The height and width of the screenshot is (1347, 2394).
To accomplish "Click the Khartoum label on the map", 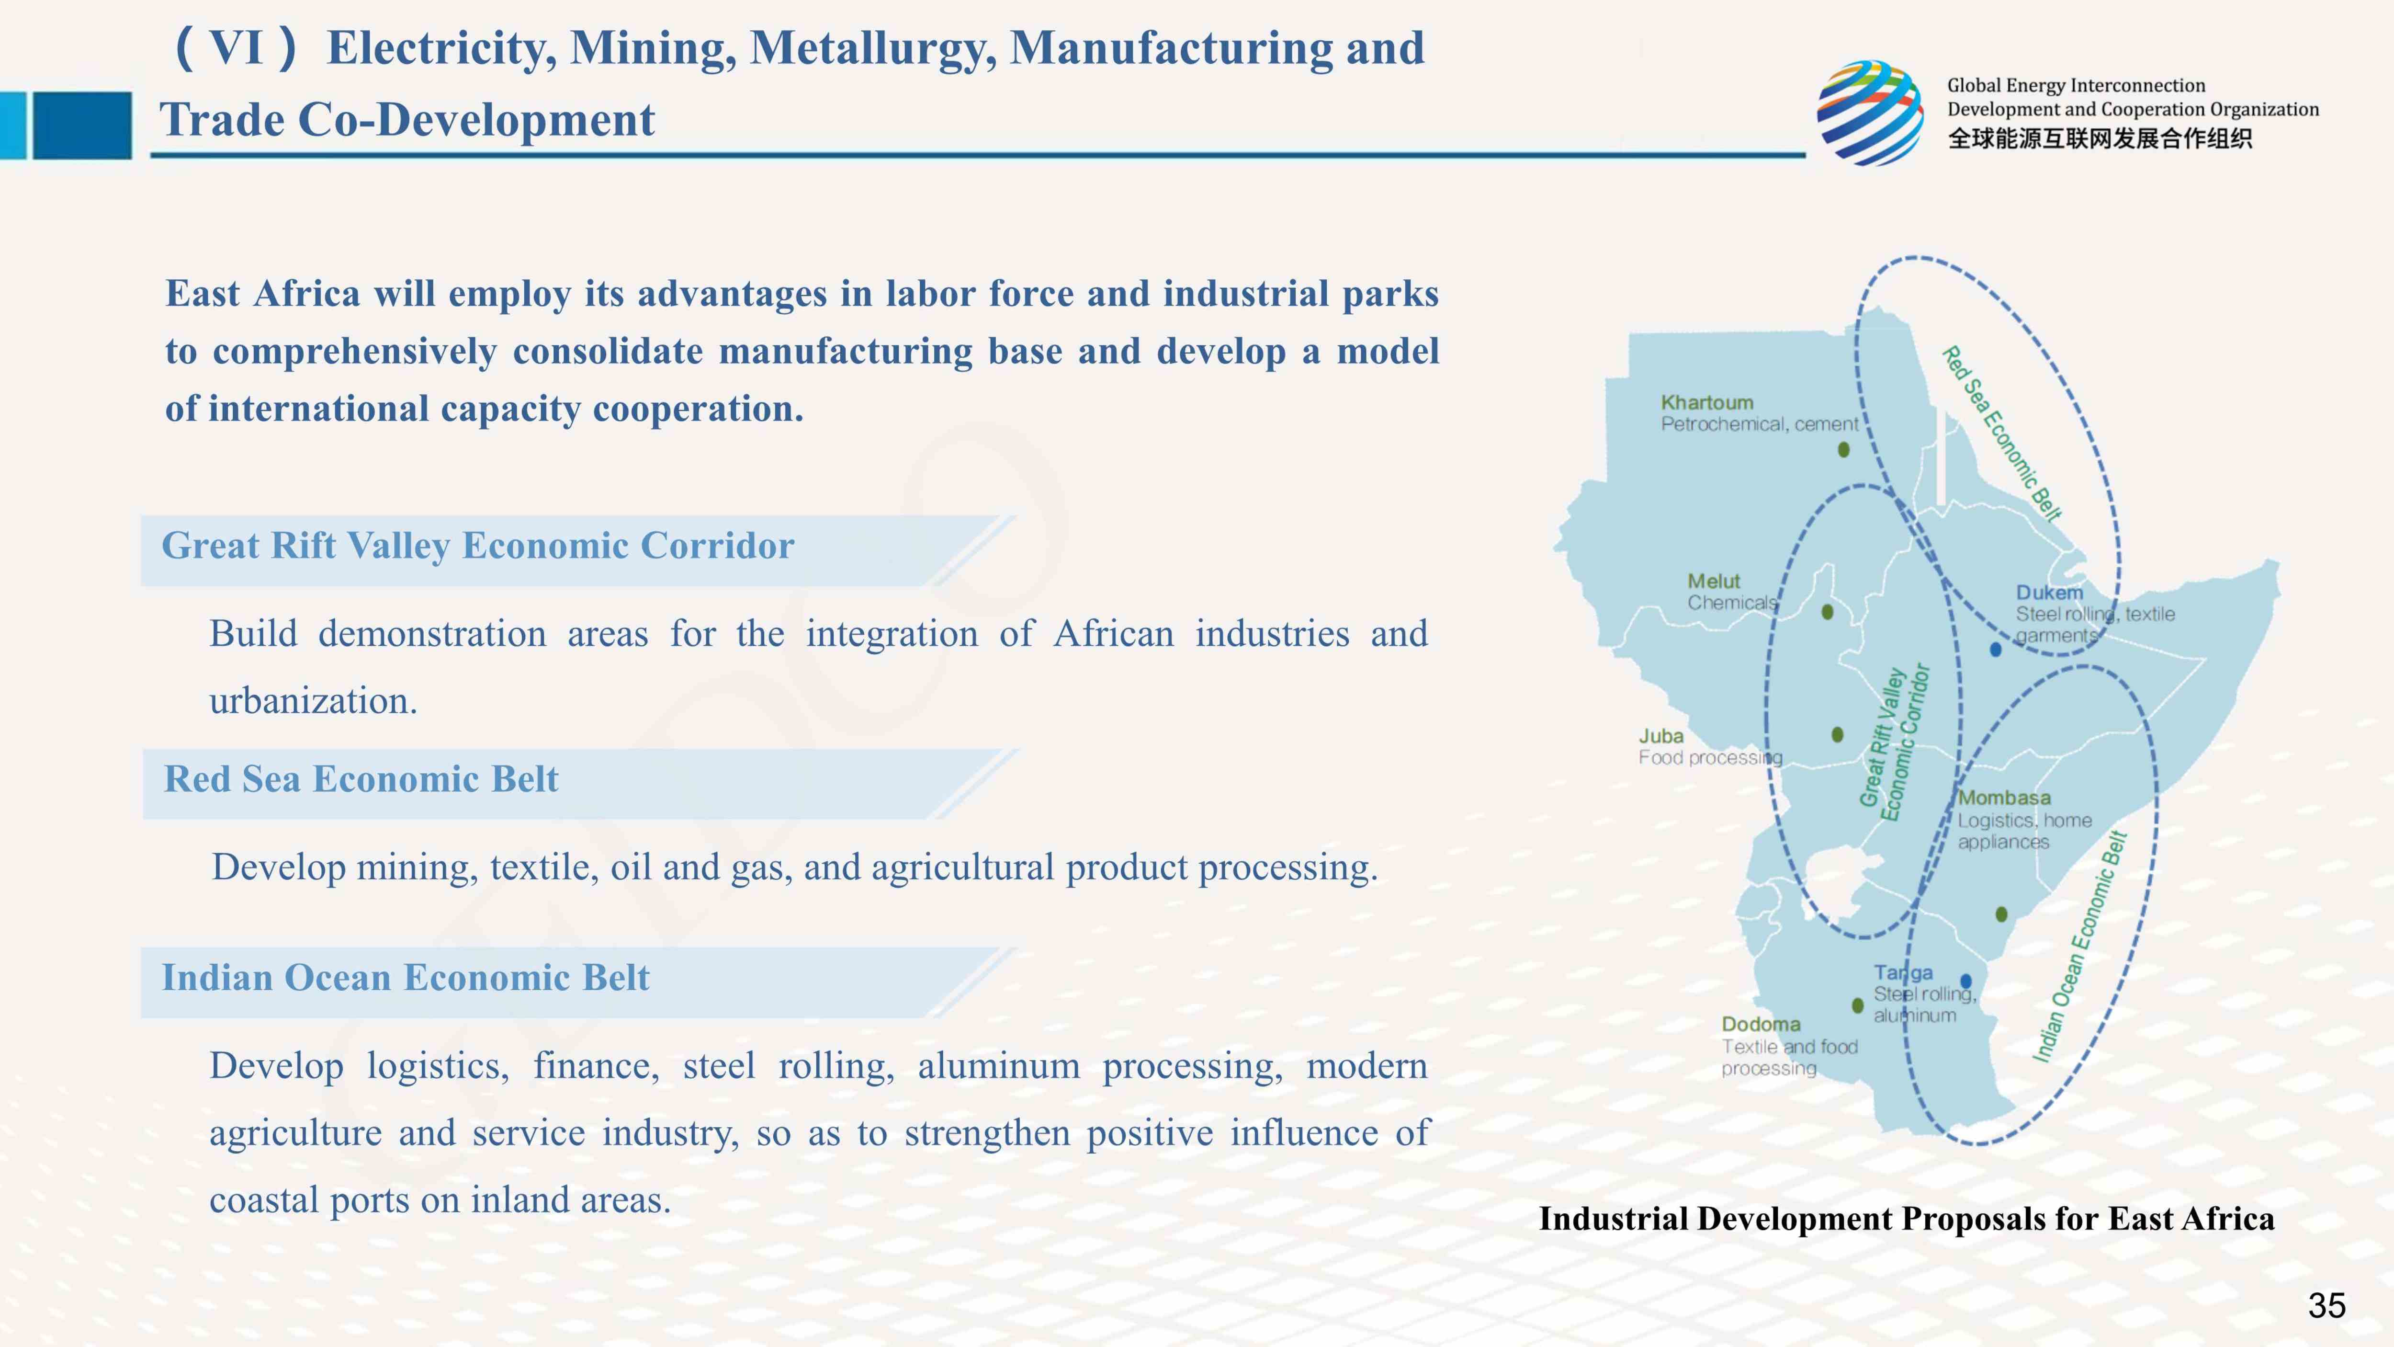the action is pyautogui.click(x=1707, y=402).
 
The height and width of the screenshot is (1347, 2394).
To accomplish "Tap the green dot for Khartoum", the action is pyautogui.click(x=1844, y=450).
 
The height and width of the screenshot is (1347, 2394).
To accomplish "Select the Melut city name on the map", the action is pyautogui.click(x=1714, y=581).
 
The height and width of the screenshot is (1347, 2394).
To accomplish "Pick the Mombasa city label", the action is pyautogui.click(x=2005, y=798).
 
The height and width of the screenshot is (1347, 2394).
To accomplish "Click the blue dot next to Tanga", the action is pyautogui.click(x=1965, y=982).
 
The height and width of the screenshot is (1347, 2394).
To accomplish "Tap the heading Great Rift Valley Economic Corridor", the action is pyautogui.click(x=478, y=546).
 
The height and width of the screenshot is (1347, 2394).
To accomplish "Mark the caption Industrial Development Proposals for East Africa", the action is pyautogui.click(x=1906, y=1219).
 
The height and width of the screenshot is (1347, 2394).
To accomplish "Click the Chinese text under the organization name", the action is pyautogui.click(x=2100, y=138).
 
